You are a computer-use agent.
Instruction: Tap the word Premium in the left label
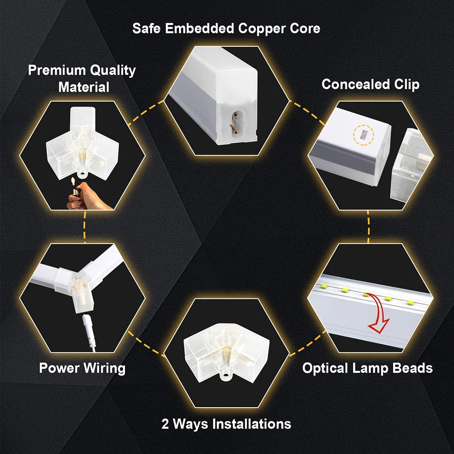(56, 70)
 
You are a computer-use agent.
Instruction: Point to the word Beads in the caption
(412, 368)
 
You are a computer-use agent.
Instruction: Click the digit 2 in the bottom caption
(165, 424)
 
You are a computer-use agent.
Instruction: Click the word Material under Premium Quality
(84, 87)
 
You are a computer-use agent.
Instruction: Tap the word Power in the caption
(58, 368)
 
